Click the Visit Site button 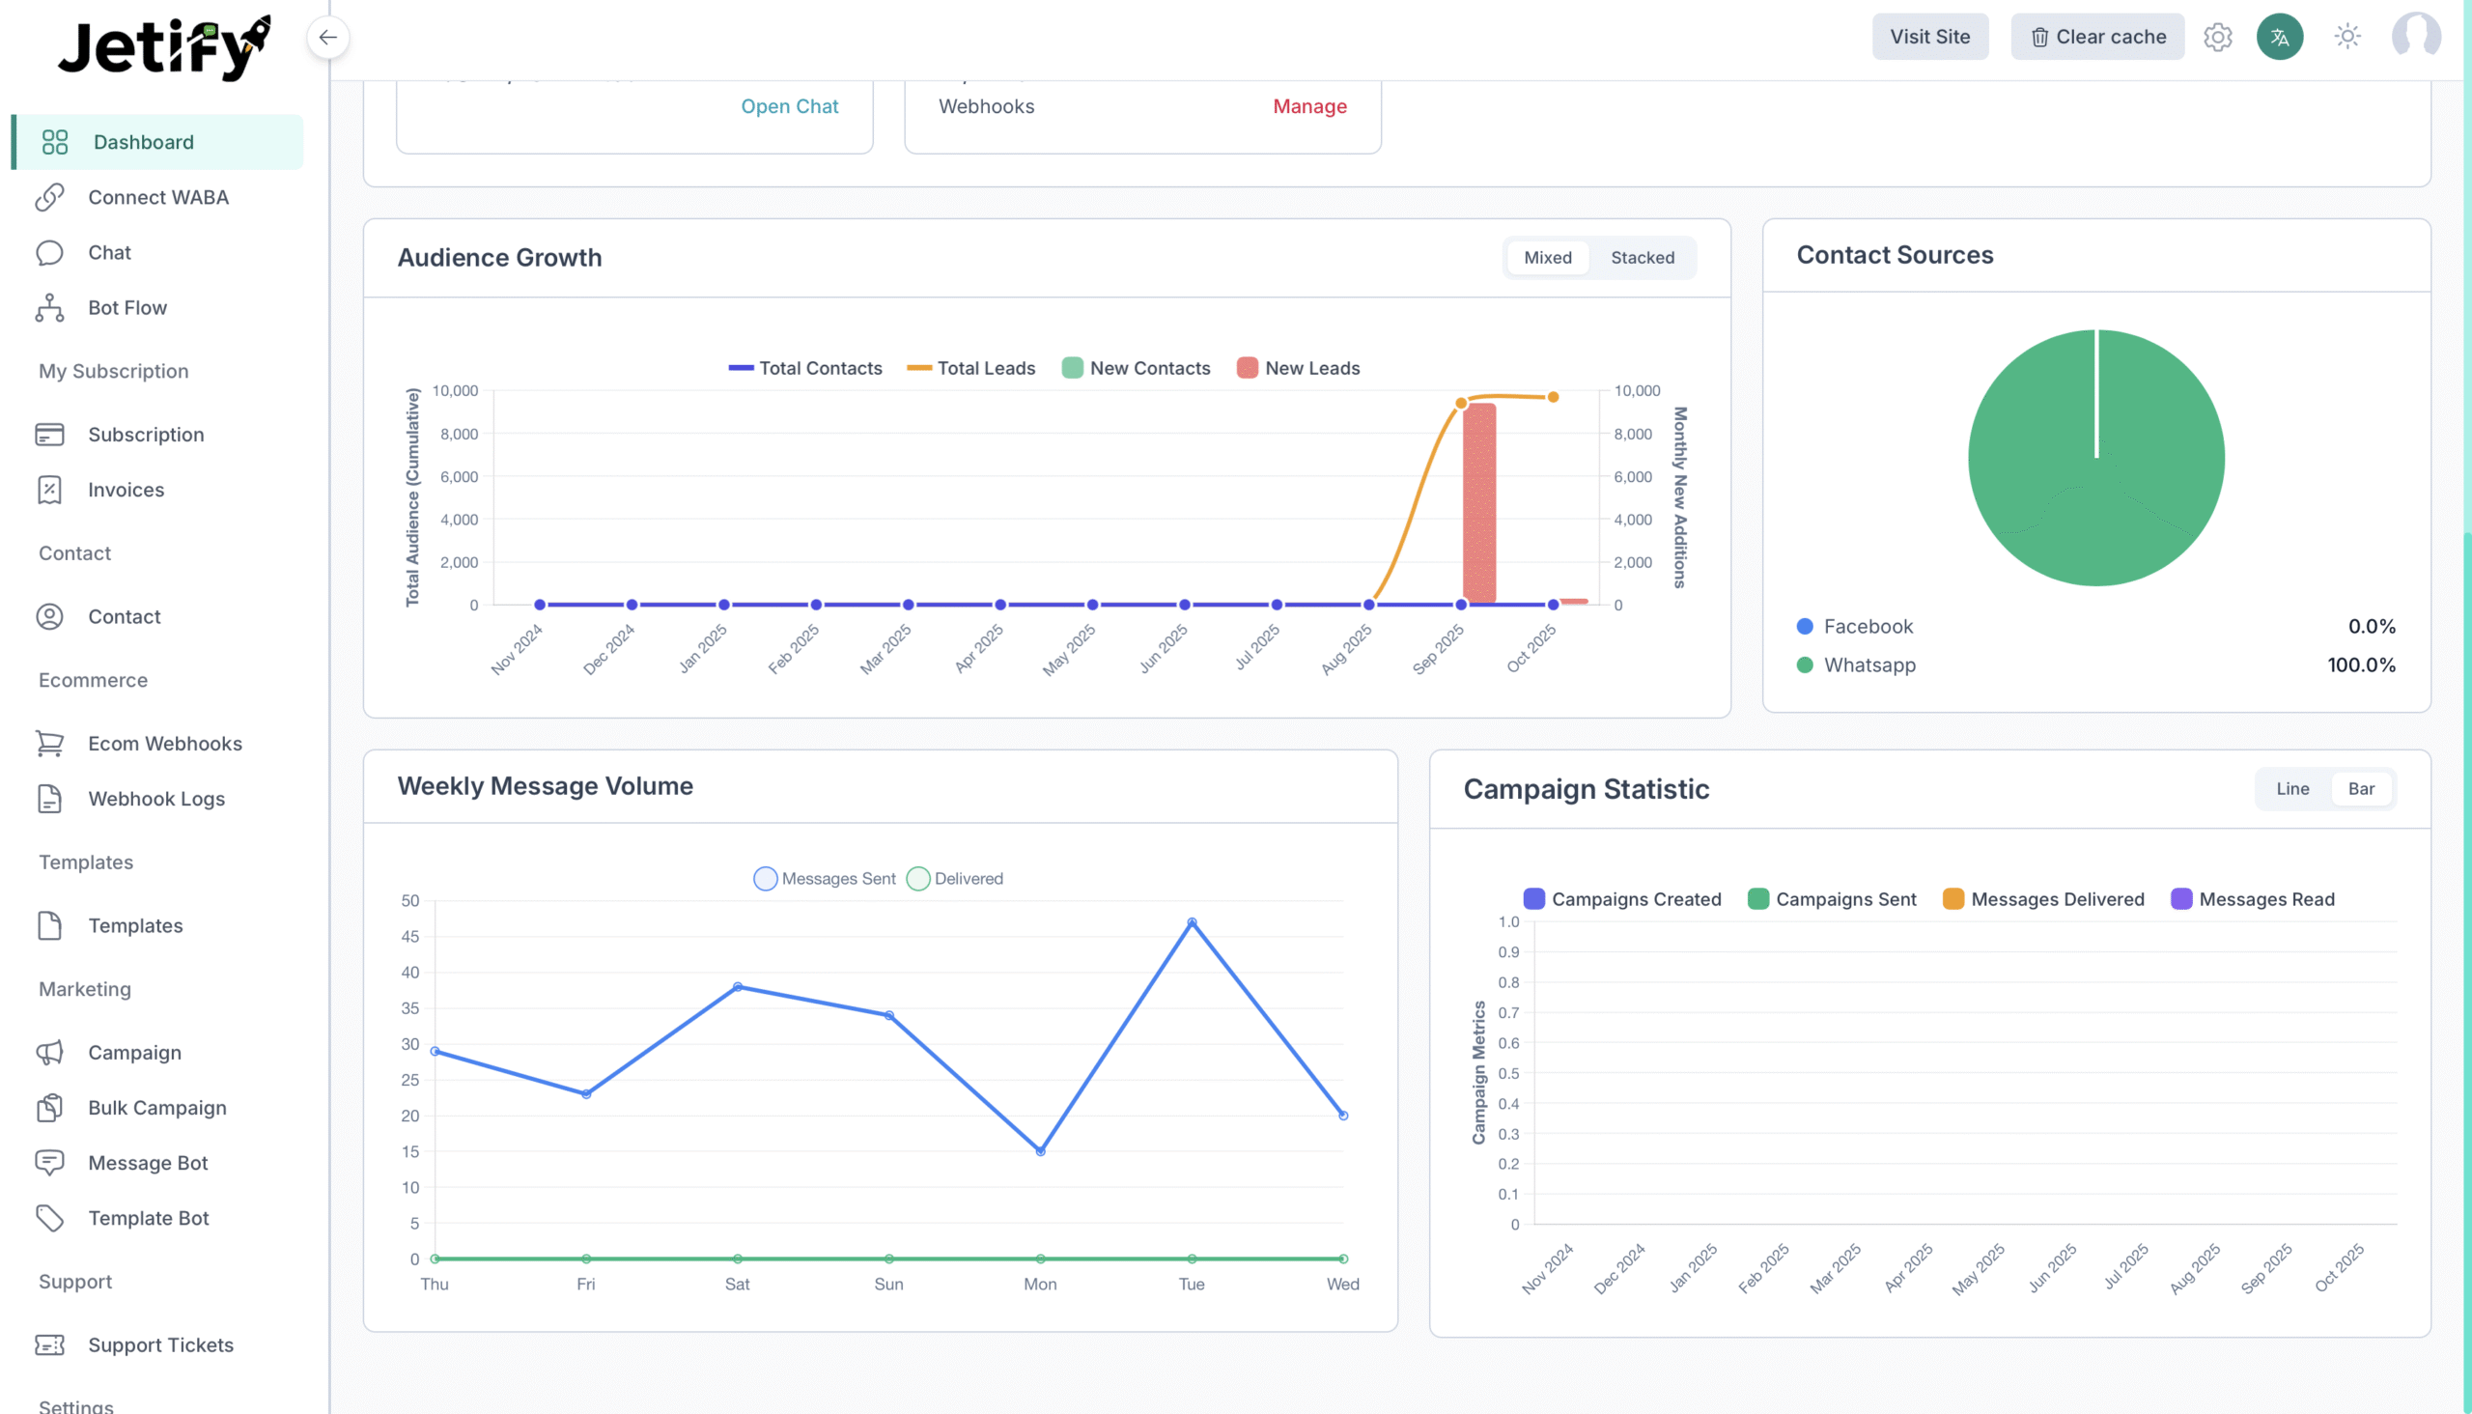[x=1929, y=37]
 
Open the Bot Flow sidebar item [x=127, y=308]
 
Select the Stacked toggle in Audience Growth [x=1642, y=257]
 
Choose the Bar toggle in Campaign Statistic [x=2360, y=788]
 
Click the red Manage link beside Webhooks [x=1308, y=106]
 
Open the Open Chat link [x=788, y=106]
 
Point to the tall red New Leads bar [x=1478, y=503]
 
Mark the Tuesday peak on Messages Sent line [x=1192, y=922]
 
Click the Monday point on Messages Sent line [x=1040, y=1151]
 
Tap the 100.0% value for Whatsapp [x=2360, y=665]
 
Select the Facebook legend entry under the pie [x=1867, y=627]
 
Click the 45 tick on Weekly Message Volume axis [x=409, y=936]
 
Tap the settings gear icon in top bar [x=2217, y=37]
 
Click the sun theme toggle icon [x=2346, y=37]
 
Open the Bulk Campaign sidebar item [x=156, y=1108]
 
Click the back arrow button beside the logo [x=328, y=38]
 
